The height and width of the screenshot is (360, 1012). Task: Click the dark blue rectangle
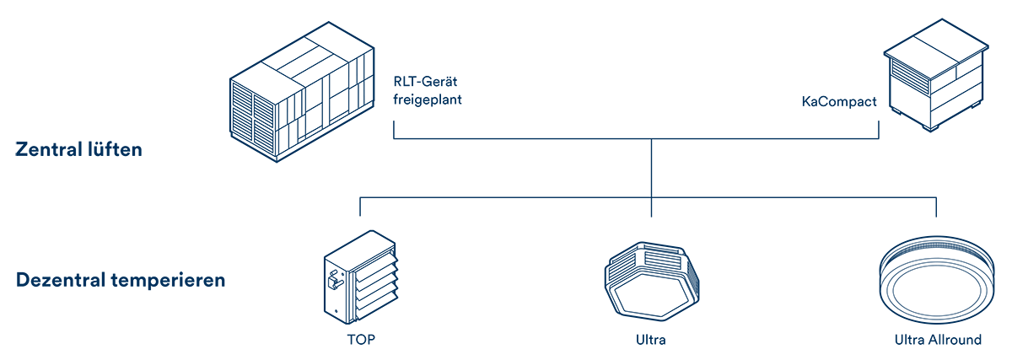coord(505,181)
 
